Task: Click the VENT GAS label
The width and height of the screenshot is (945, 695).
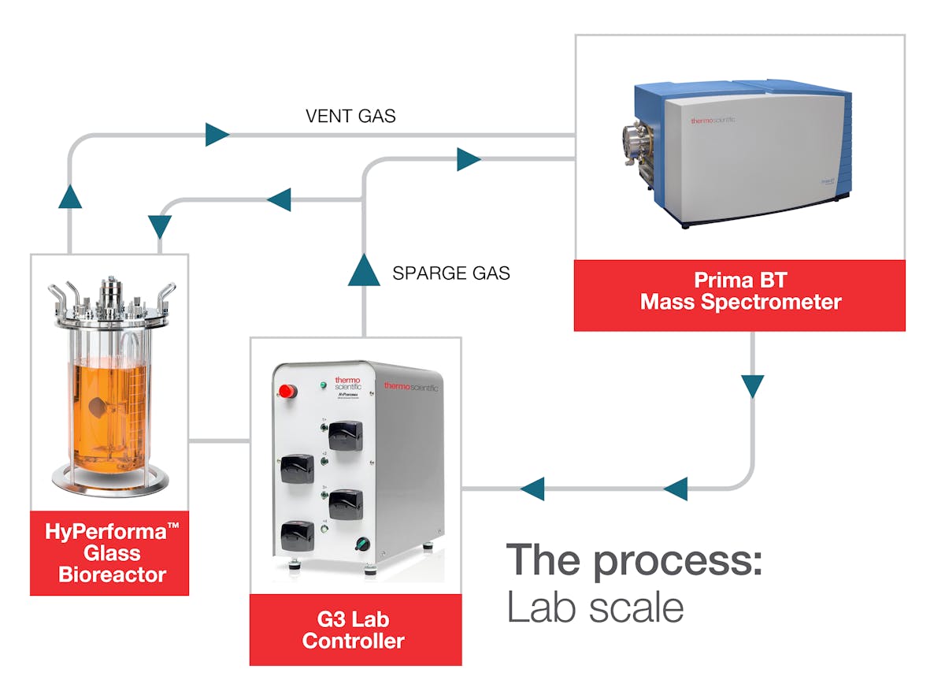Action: (x=350, y=117)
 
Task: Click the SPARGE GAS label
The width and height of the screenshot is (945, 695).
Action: (x=450, y=273)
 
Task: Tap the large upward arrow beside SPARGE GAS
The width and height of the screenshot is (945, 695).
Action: (x=363, y=270)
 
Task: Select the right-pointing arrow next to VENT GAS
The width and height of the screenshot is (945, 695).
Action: (x=217, y=135)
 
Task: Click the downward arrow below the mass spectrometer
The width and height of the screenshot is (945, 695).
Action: (x=753, y=386)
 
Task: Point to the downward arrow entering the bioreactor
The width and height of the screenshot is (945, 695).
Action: (x=160, y=227)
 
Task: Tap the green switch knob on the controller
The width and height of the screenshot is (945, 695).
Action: (x=363, y=543)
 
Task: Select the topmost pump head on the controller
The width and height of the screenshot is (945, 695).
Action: (x=344, y=432)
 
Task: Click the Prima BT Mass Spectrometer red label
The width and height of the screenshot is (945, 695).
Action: (x=739, y=291)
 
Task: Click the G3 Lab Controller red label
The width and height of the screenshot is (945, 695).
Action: (x=355, y=630)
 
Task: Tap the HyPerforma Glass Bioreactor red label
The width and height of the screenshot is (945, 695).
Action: (x=109, y=553)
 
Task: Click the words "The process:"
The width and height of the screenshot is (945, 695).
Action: (x=633, y=560)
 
